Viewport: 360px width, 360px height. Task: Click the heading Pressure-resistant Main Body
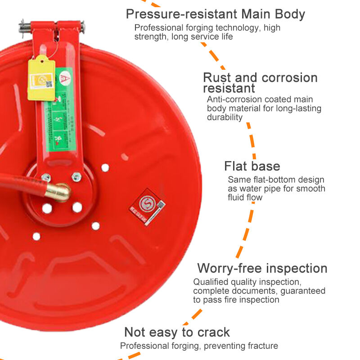tap(215, 14)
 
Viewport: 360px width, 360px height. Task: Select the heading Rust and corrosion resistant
tap(260, 82)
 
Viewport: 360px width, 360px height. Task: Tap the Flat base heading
tap(252, 166)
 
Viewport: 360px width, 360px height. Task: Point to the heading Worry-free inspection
tap(262, 269)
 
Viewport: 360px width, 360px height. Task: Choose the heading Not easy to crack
tap(177, 333)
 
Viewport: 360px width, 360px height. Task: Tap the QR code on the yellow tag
tap(49, 84)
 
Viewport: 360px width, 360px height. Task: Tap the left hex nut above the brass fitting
tap(45, 178)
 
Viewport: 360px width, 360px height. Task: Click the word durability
tap(225, 117)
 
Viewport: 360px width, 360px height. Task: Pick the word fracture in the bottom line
tap(263, 346)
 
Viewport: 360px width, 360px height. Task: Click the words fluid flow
tap(245, 198)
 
